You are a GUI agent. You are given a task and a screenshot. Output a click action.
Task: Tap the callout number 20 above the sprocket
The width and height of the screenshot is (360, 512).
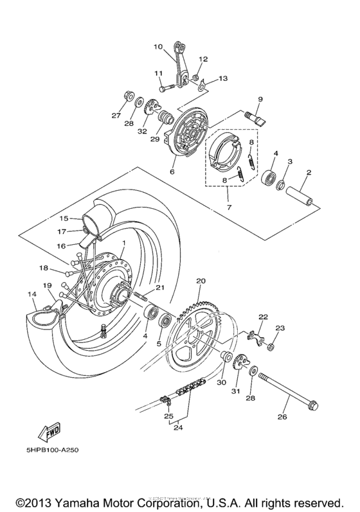click(x=200, y=281)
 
